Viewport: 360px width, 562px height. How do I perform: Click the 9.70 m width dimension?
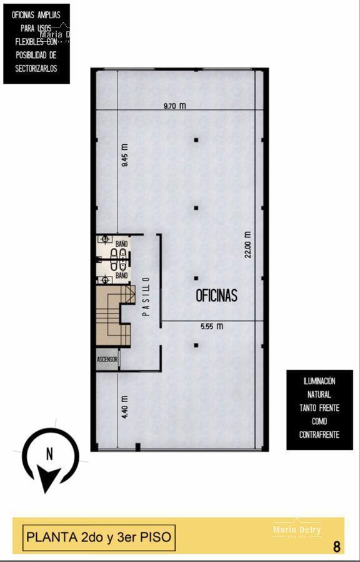pos(174,106)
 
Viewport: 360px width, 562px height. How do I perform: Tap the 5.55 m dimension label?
pos(212,326)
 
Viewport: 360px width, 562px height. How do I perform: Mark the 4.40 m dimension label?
pos(124,407)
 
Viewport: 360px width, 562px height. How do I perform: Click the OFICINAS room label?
pos(216,296)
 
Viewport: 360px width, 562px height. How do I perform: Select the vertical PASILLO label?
pos(146,297)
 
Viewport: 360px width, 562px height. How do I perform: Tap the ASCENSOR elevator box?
pos(107,360)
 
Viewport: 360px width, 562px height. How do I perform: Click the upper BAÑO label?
pos(121,239)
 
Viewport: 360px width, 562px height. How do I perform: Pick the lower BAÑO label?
pos(121,275)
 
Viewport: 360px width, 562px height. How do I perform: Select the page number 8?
pos(337,547)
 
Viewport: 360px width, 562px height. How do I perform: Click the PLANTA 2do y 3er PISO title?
pos(98,537)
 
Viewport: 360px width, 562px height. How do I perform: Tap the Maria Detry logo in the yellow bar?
pos(297,530)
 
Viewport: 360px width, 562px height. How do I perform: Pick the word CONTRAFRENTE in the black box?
pos(319,435)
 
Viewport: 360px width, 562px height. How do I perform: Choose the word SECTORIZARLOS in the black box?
pos(36,69)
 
